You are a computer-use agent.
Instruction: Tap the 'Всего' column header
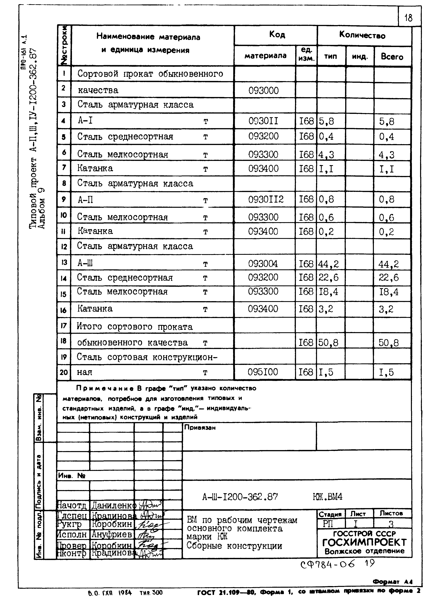point(392,57)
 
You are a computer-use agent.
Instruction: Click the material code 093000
point(263,90)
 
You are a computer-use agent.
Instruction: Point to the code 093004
point(263,264)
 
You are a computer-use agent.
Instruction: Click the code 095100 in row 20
point(263,372)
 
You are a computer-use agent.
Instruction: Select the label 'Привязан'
point(200,427)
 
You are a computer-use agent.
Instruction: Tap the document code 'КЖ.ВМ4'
point(328,497)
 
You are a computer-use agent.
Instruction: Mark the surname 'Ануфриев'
point(112,534)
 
